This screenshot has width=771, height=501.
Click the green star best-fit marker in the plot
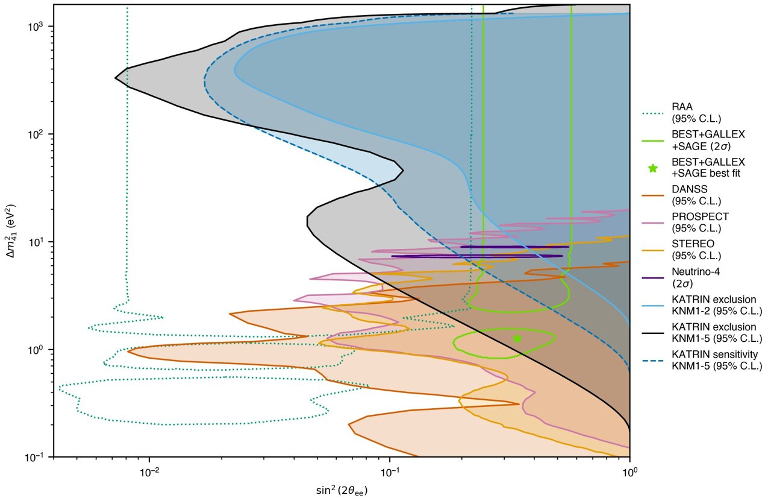pos(517,338)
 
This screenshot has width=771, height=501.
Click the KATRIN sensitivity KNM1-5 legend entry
pos(717,360)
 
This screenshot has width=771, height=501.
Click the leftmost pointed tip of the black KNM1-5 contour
pos(116,78)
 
